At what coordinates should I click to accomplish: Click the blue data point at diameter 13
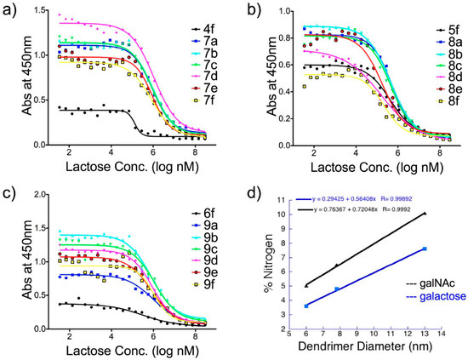coord(425,249)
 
